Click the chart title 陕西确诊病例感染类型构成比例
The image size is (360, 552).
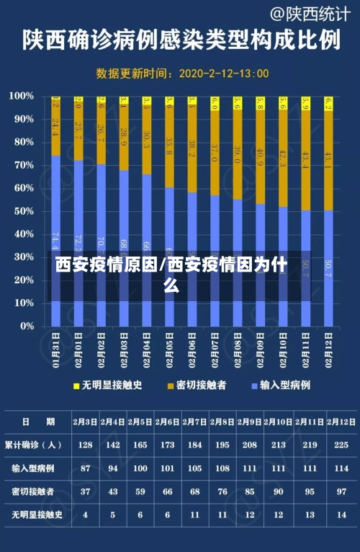coord(180,40)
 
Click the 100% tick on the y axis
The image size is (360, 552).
coord(22,96)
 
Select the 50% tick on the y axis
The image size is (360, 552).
coord(23,211)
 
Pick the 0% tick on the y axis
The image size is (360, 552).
coord(26,326)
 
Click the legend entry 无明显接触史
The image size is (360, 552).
coord(107,386)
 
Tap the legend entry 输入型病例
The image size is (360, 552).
coord(280,386)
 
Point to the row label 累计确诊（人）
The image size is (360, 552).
coord(33,445)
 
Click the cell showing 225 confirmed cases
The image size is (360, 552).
coord(342,445)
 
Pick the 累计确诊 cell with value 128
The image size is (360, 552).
coord(85,445)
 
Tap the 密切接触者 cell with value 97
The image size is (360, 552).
coord(342,491)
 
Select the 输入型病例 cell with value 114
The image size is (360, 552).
coord(342,468)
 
